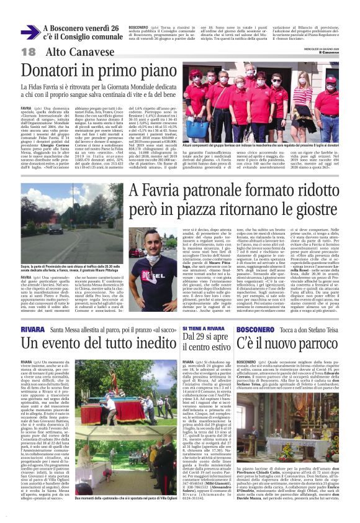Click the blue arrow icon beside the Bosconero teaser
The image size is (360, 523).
point(30,33)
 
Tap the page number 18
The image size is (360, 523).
point(28,53)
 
